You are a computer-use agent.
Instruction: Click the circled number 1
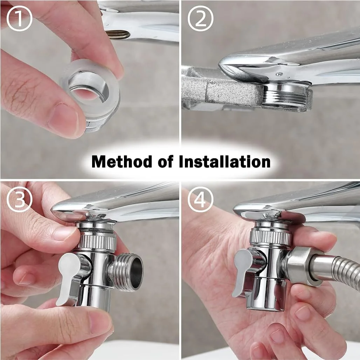19,18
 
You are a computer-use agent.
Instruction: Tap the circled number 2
200,18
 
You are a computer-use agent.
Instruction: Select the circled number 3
19,199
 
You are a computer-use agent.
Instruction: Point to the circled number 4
200,199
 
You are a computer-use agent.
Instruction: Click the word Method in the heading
122,161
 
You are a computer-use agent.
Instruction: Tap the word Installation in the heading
224,161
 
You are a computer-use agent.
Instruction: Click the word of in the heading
165,161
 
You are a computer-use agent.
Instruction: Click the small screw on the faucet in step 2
279,74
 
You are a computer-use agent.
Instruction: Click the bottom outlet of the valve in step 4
266,296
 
